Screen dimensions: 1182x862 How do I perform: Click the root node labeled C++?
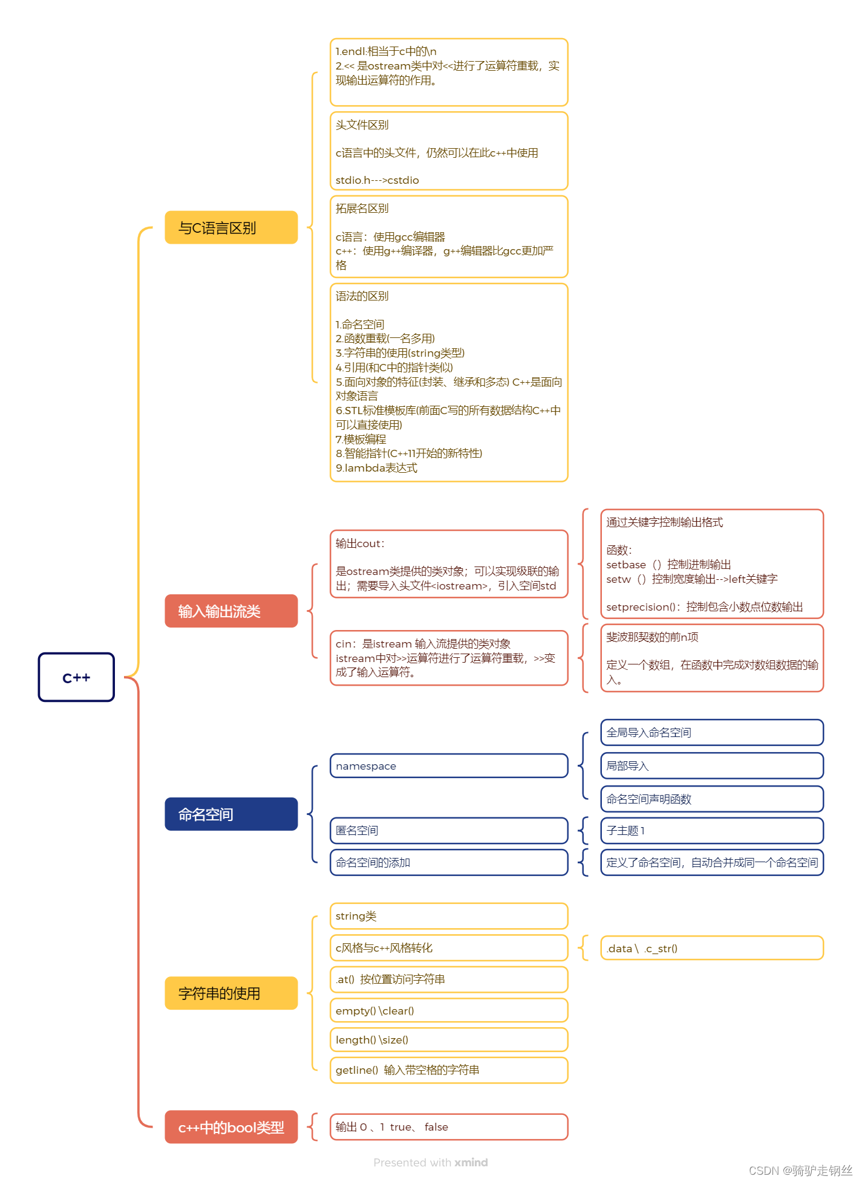[76, 677]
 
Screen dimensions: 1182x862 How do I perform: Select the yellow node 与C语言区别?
[230, 227]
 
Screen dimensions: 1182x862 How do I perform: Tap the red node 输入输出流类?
[230, 611]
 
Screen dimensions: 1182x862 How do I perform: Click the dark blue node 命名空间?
[230, 814]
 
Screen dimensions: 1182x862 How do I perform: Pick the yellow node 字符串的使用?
[230, 993]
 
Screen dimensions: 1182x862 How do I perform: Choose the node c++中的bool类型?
[230, 1127]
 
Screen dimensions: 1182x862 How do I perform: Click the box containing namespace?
[448, 765]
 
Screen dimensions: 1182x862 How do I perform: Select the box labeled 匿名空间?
[448, 830]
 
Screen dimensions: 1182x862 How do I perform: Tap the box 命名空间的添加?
[448, 862]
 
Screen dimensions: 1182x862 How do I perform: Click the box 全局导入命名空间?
[711, 732]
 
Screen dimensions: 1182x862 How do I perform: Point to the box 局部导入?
[711, 765]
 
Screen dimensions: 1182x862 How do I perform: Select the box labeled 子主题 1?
[711, 830]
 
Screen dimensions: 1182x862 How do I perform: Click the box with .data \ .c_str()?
[711, 948]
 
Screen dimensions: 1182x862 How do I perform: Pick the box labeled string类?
[448, 916]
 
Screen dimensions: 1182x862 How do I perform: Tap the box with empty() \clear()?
[448, 1010]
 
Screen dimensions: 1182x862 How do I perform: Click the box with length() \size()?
[448, 1039]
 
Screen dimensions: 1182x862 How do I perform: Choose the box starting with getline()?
[448, 1070]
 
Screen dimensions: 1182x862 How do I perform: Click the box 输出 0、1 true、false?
[448, 1126]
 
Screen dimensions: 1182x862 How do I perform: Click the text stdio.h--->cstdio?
[377, 180]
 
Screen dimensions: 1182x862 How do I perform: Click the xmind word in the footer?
[471, 1162]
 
